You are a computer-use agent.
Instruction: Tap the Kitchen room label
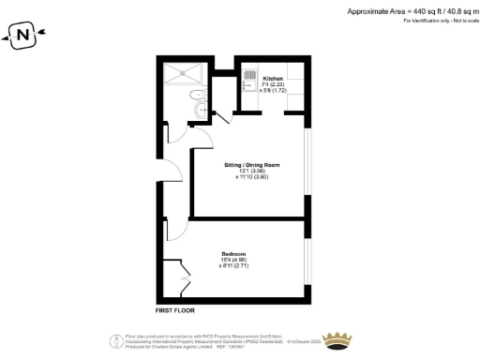pos(273,78)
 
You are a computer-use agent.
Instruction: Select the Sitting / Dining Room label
pos(251,165)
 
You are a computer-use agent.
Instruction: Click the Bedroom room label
pos(233,254)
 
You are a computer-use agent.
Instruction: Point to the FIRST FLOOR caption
pos(174,308)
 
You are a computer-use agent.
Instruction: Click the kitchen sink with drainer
pos(251,83)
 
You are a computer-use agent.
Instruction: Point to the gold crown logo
pos(335,338)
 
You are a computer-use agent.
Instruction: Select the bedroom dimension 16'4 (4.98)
pos(233,261)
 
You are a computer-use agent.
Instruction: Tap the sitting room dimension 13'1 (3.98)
pos(250,172)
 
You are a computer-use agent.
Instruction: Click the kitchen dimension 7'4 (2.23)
pos(273,84)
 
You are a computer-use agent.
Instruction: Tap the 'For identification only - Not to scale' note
pos(427,20)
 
